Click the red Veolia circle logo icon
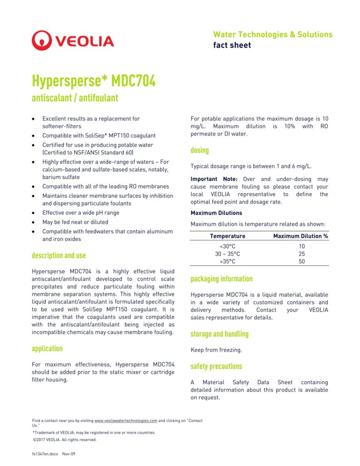coord(42,41)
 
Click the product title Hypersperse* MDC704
coord(94,81)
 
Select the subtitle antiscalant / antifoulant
coord(75,98)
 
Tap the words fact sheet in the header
coord(232,45)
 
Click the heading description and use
coord(59,256)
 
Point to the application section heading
coord(47,349)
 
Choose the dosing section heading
coord(200,150)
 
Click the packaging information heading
coord(222,279)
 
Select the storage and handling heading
coord(219,334)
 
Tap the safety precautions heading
coord(216,366)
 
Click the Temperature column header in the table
coord(228,236)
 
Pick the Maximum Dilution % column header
coord(300,236)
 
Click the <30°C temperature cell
coord(228,246)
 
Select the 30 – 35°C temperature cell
coord(228,254)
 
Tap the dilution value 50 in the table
coord(302,262)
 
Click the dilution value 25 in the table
coord(302,254)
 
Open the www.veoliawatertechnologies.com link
coord(126,421)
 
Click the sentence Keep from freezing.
coord(216,350)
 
